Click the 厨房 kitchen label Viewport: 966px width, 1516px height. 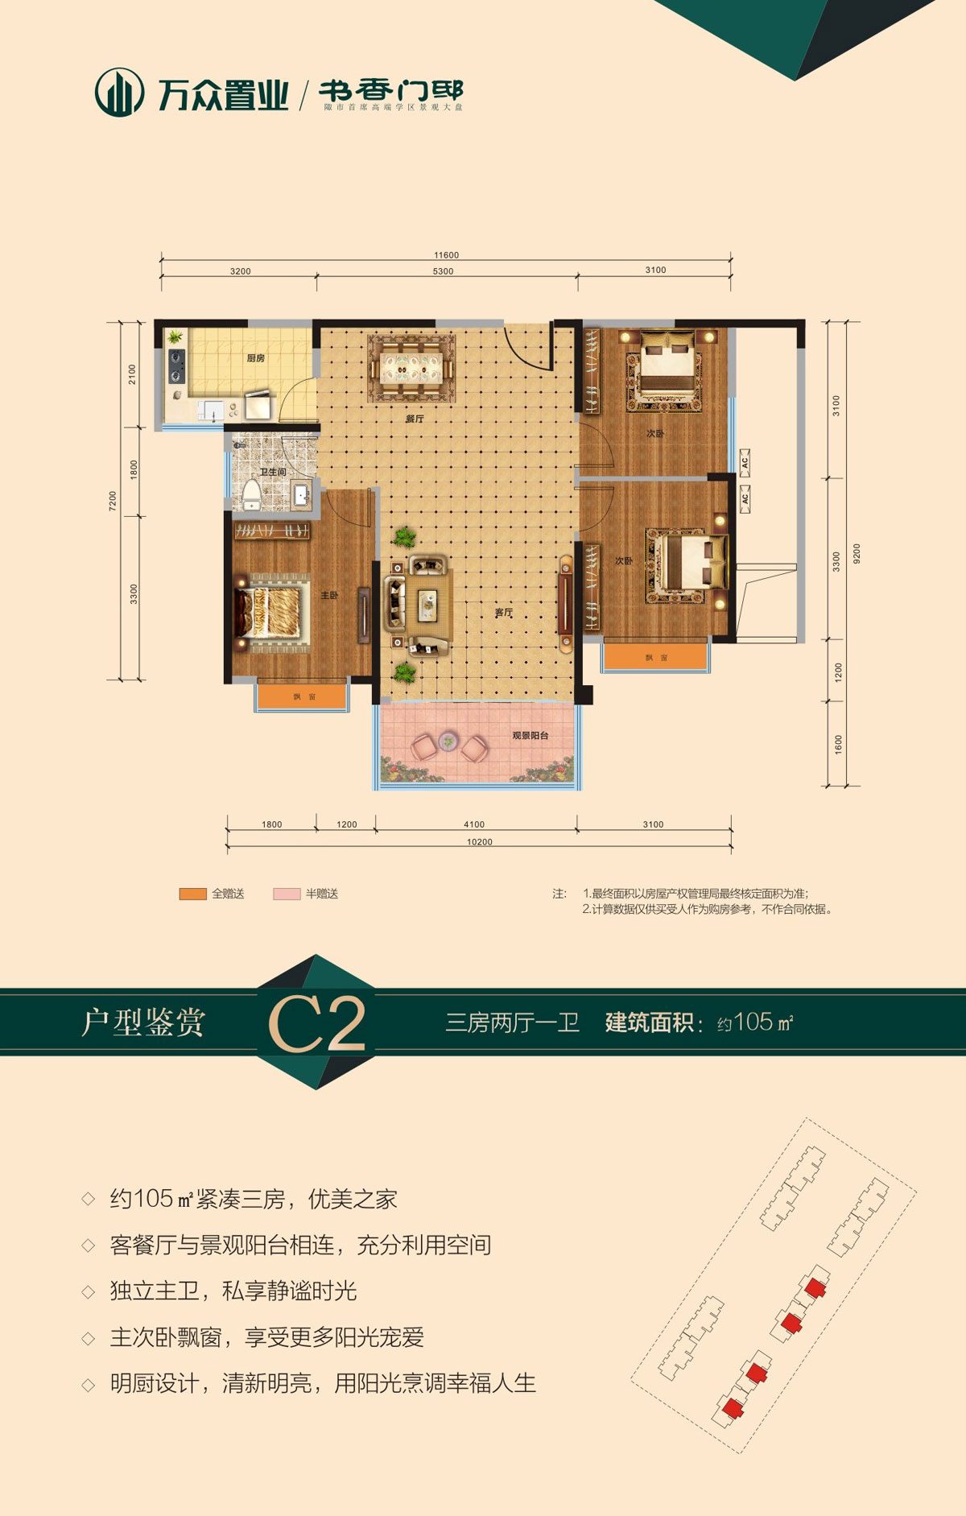click(x=255, y=358)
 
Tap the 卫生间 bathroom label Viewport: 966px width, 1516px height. click(x=273, y=472)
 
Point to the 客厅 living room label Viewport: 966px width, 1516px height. click(x=504, y=613)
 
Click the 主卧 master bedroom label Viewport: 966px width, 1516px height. click(x=329, y=596)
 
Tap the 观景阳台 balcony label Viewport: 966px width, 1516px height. click(x=530, y=736)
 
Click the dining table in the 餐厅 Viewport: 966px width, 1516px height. click(x=411, y=368)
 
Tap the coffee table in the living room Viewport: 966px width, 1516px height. click(x=427, y=602)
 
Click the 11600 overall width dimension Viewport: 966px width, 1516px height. click(x=446, y=255)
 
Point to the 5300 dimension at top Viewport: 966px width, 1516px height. click(x=443, y=271)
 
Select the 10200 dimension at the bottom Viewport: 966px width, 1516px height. click(x=479, y=842)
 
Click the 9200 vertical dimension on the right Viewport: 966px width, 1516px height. click(x=857, y=554)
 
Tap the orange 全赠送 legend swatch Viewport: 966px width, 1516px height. click(x=193, y=894)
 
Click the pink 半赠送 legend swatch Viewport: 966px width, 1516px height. click(x=287, y=894)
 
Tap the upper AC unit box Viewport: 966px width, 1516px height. click(x=745, y=462)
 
